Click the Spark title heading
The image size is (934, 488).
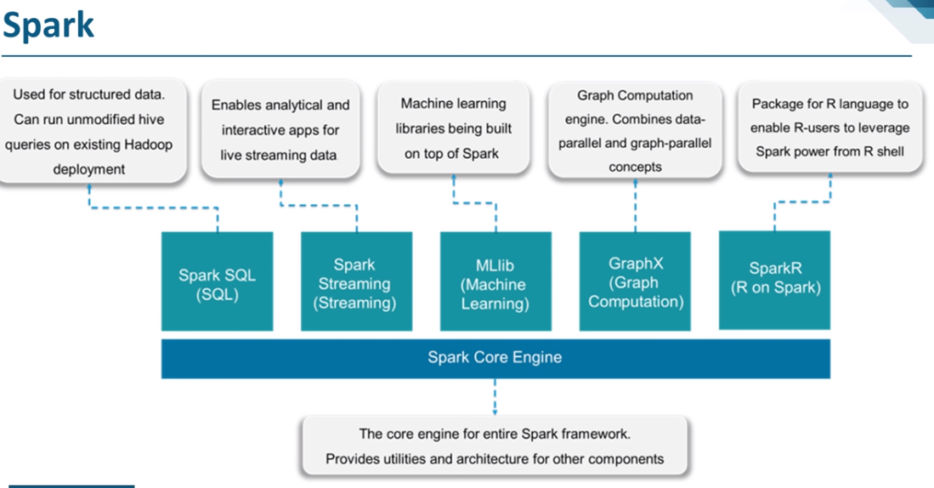[48, 26]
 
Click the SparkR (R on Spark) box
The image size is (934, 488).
[775, 279]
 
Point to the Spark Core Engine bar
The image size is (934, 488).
[495, 357]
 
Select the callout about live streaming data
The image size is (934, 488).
[280, 130]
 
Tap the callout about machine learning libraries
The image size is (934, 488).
[454, 128]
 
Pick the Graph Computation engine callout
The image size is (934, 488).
[635, 131]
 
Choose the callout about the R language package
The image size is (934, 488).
[829, 128]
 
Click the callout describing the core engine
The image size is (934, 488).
[495, 446]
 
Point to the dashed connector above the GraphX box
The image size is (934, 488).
[636, 204]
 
